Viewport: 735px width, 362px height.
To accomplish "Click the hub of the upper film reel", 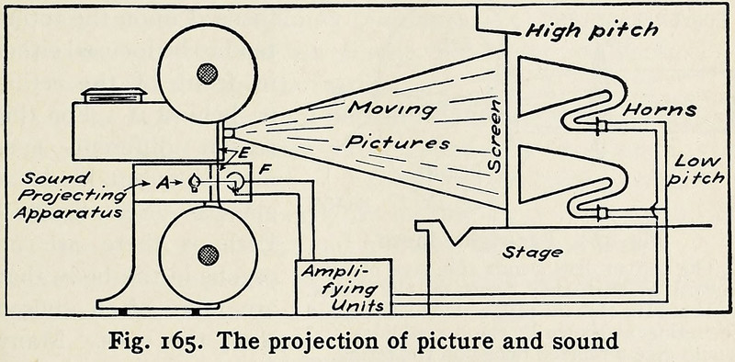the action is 208,74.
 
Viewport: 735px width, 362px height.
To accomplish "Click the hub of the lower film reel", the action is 209,255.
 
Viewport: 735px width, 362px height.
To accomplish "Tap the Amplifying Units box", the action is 344,287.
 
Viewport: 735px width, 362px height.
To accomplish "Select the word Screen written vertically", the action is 495,136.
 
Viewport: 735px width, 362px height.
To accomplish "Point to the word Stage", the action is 533,253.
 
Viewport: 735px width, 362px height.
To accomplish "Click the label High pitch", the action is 592,30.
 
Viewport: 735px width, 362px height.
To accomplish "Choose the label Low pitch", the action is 697,170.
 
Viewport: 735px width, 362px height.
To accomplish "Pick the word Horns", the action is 660,109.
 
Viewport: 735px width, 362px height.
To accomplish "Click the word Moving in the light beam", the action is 393,109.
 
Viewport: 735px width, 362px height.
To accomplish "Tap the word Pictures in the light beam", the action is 398,141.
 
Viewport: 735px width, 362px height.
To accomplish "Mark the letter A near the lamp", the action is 163,184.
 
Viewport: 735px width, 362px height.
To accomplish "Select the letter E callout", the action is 243,153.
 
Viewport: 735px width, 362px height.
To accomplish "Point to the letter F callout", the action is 264,169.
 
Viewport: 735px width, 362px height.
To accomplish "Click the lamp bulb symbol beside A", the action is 193,183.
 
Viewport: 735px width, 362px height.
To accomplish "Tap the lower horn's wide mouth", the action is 519,175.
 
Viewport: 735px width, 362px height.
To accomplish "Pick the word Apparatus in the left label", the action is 68,212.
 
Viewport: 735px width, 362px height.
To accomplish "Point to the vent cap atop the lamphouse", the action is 114,96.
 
